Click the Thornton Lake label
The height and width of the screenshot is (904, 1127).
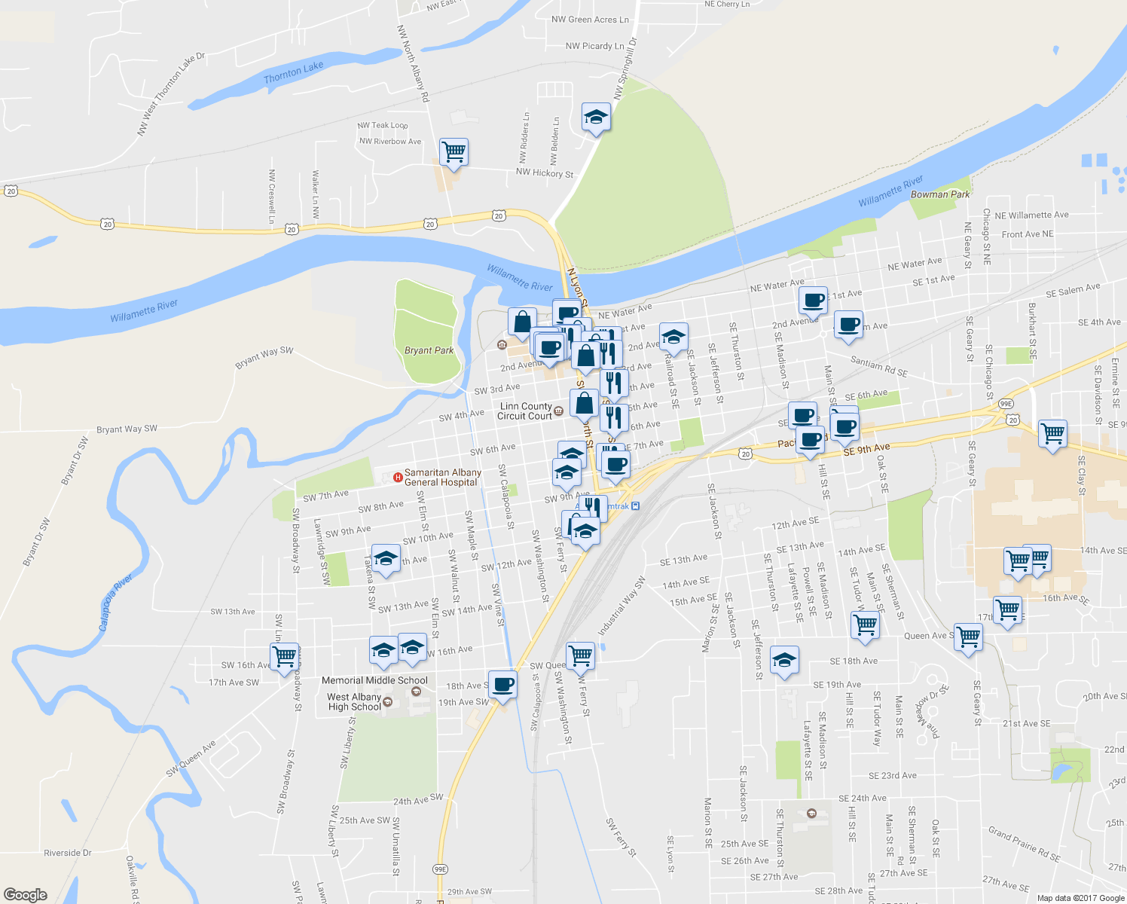[x=293, y=72]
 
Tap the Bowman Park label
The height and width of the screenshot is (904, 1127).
[x=940, y=194]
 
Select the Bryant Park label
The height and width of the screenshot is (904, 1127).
[x=429, y=350]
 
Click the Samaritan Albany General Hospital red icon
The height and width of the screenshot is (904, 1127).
[x=398, y=477]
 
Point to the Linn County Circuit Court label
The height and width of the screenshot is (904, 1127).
[x=525, y=411]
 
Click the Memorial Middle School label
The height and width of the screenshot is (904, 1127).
[x=374, y=680]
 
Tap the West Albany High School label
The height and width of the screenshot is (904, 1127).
[x=354, y=702]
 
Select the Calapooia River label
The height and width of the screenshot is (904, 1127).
[x=115, y=603]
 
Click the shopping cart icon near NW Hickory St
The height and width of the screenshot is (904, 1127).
[x=454, y=151]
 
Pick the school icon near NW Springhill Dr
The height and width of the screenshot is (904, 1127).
[x=596, y=117]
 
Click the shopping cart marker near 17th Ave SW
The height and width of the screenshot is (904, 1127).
[x=285, y=655]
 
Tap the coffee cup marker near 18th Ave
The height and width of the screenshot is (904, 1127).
[x=502, y=685]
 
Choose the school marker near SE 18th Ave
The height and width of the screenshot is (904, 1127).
[x=784, y=661]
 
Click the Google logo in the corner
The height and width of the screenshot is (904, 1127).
[x=26, y=894]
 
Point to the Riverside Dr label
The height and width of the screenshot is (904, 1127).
[x=67, y=853]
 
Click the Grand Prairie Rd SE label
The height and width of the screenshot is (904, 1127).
[x=1024, y=844]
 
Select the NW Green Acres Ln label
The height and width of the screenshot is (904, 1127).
[x=590, y=20]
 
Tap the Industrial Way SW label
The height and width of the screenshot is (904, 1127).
[x=622, y=606]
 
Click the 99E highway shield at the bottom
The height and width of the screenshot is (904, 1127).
[x=441, y=869]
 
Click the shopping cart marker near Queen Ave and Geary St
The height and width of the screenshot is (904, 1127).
[x=968, y=637]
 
